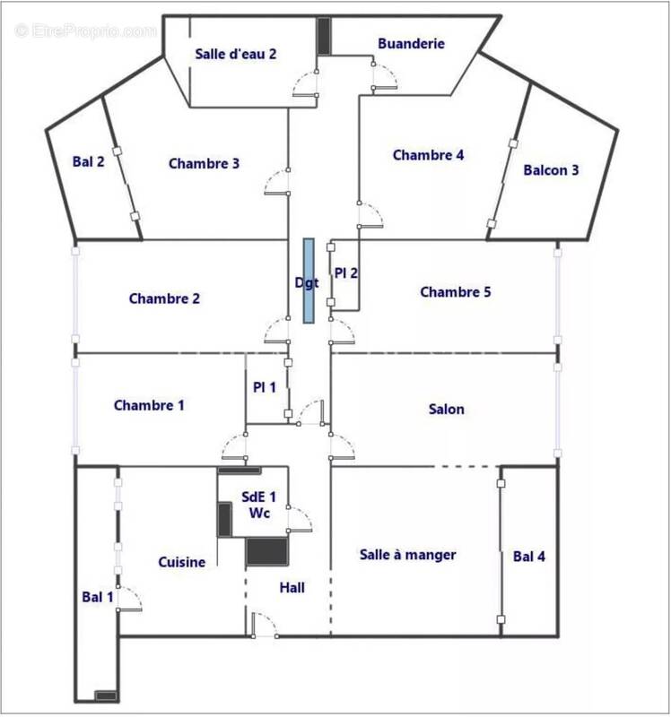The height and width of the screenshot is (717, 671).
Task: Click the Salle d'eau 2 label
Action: point(235,54)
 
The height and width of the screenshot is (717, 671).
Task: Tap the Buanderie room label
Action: point(411,43)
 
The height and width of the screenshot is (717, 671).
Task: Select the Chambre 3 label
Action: point(204,163)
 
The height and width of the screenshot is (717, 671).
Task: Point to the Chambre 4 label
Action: point(428,155)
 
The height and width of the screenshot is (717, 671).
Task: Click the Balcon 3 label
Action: point(551,170)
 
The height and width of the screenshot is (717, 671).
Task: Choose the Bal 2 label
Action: point(89,162)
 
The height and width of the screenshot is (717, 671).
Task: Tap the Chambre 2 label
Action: point(164,298)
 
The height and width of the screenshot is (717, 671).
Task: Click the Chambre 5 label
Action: point(455,292)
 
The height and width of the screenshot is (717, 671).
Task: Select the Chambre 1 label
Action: point(149,406)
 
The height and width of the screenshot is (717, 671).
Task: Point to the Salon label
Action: point(447,410)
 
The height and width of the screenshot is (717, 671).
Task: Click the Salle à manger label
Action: point(407,555)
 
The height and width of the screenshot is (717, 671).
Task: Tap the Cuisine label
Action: point(182,562)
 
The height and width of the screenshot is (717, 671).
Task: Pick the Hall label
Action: point(292,588)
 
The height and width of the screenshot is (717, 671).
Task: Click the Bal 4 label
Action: point(529,557)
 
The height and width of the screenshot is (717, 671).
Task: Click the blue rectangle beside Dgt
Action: point(308,281)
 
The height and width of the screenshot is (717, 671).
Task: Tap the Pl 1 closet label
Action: point(264,387)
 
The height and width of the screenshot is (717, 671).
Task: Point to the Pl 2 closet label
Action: point(346,272)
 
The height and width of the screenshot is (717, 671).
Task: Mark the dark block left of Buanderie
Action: point(324,34)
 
